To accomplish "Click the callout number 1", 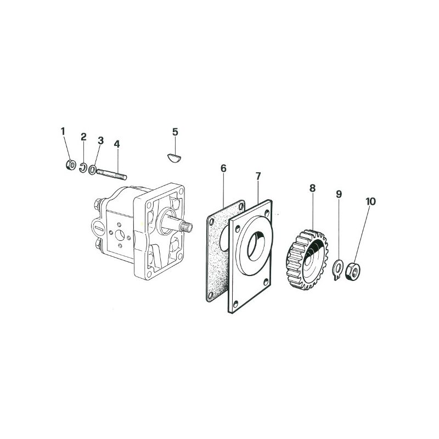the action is coord(63,131).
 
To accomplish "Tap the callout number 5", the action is coord(175,132).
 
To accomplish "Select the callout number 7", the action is coord(258,176).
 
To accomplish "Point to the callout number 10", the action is coord(370,201).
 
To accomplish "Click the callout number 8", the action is coord(312,188).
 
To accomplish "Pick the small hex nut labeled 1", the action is coord(71,165).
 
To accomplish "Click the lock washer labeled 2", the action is coord(83,167).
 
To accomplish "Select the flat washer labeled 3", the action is coord(92,170).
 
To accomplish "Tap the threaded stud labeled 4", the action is coord(111,174).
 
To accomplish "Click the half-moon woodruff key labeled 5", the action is coord(175,158).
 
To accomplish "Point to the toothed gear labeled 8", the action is coord(307,260).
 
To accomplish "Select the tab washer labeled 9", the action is coord(338,268).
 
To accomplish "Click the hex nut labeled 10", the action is coord(353,271).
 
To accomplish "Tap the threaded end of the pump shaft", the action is coord(187,227).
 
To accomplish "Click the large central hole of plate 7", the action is coord(256,247).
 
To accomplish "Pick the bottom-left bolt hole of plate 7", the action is coord(236,303).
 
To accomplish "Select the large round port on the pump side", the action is coord(120,235).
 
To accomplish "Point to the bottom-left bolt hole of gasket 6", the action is coord(211,295).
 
